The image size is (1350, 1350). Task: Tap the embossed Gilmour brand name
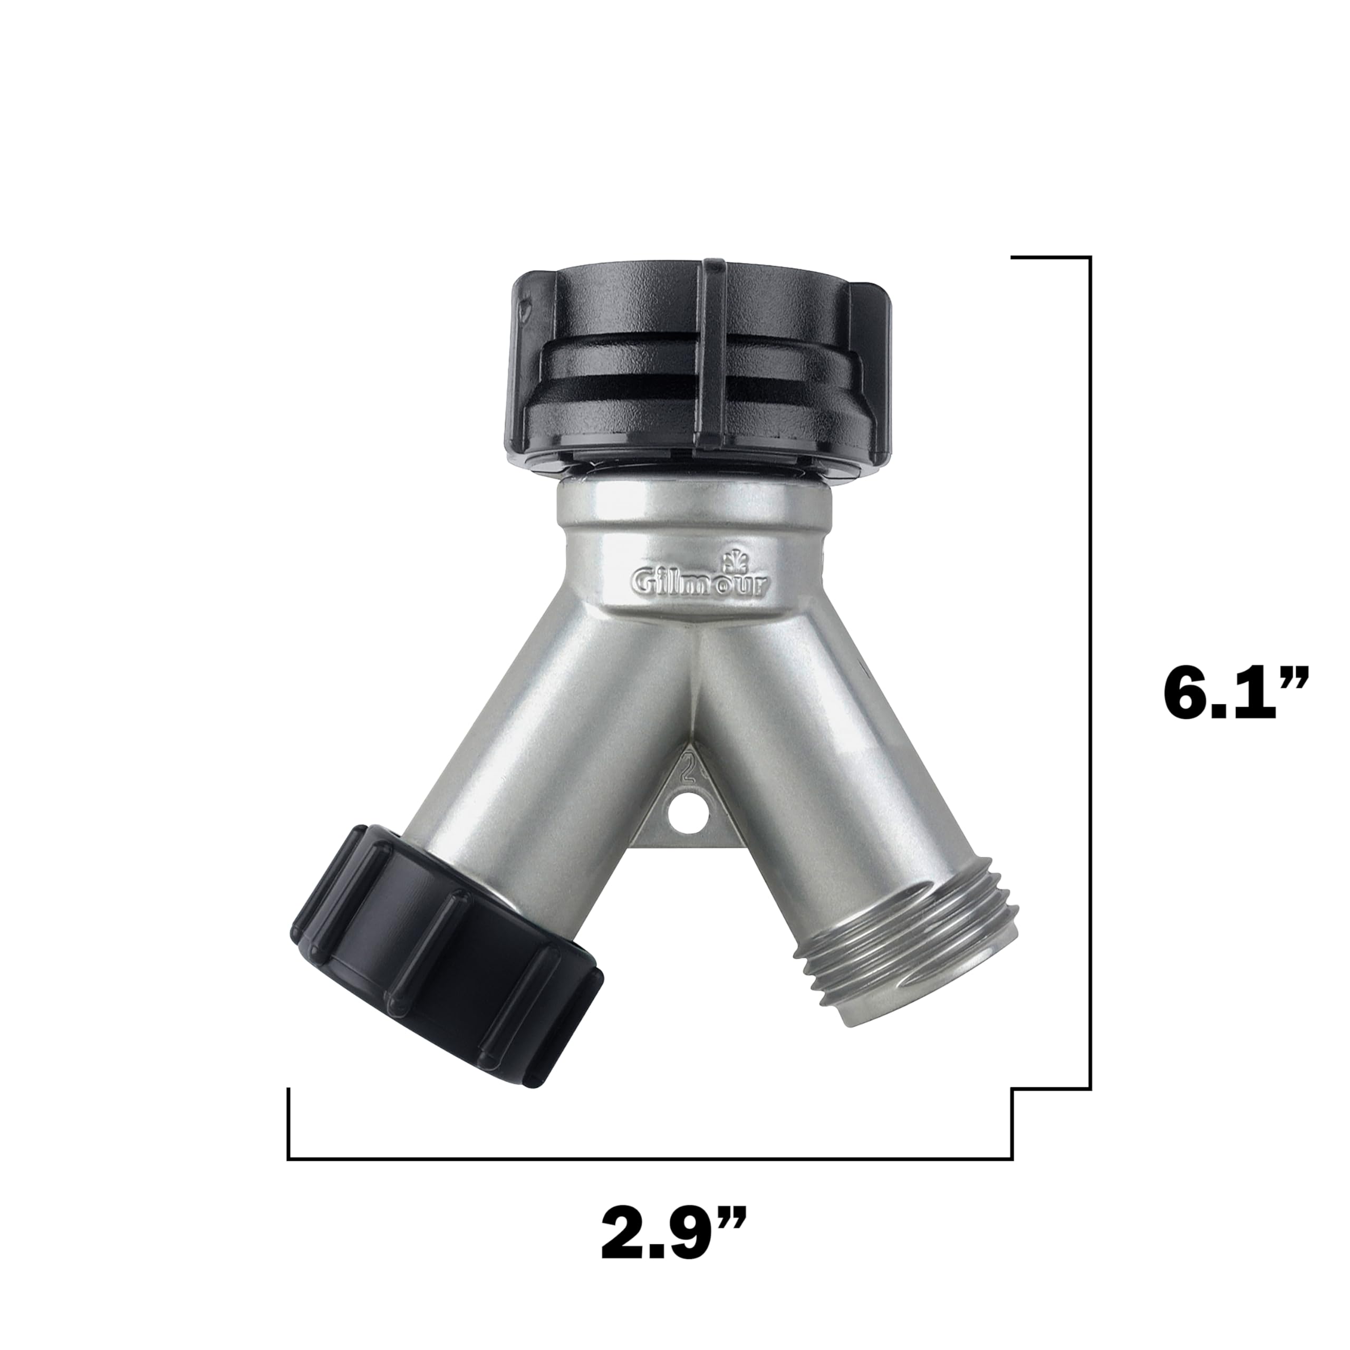click(701, 581)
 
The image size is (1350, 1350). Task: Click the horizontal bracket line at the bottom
click(650, 1159)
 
